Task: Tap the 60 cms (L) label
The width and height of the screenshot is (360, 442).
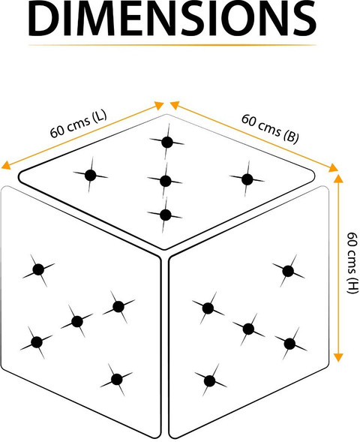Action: (x=79, y=124)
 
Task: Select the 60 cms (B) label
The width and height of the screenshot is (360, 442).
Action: (x=269, y=128)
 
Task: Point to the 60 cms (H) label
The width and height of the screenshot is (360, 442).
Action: (x=352, y=263)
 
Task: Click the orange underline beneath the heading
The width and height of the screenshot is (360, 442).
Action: (x=172, y=45)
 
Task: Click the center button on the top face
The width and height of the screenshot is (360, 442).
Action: (x=166, y=181)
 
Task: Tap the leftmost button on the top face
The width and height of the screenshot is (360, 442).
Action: (x=91, y=176)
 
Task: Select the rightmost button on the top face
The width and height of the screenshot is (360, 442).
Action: (x=247, y=179)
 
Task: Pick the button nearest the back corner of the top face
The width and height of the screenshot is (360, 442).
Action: (x=167, y=143)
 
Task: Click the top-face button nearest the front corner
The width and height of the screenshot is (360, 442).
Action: (x=165, y=215)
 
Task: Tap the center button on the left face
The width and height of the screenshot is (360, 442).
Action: (x=77, y=321)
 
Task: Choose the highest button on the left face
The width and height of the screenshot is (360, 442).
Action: (x=38, y=269)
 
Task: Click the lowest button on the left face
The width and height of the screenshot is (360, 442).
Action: (x=116, y=379)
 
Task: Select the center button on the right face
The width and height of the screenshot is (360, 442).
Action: (x=248, y=329)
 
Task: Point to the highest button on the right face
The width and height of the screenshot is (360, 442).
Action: (x=288, y=271)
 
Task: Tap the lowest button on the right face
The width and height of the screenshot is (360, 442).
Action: (x=209, y=381)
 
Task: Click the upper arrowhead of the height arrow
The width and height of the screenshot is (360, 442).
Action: (x=338, y=178)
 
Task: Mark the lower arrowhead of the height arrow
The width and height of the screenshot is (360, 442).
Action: (x=338, y=357)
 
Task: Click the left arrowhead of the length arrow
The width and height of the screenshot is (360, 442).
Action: (x=6, y=165)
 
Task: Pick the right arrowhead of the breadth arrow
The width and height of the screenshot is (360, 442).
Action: (x=333, y=168)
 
